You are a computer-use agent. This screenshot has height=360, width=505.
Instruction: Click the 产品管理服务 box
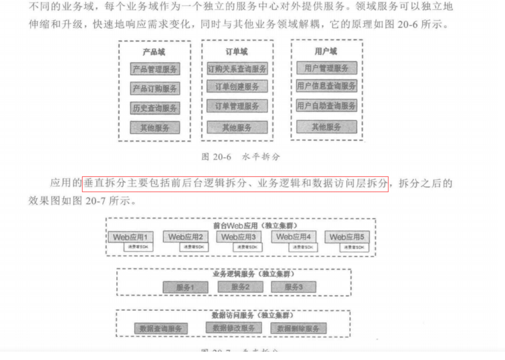pos(155,69)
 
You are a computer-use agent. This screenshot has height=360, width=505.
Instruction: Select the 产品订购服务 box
pos(155,88)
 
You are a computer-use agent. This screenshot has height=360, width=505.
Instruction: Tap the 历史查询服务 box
pos(155,108)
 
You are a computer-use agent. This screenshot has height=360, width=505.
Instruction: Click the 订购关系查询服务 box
pos(237,69)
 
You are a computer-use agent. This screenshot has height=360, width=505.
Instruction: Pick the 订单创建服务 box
pos(237,87)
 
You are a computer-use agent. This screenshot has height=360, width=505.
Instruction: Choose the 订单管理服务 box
pos(237,106)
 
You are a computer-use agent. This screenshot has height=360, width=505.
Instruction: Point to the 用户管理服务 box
pos(326,68)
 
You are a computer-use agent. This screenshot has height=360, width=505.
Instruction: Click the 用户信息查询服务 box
pos(326,86)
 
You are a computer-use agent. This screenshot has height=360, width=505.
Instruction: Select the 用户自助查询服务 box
pos(326,106)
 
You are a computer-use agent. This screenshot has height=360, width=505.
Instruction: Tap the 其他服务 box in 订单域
pos(237,127)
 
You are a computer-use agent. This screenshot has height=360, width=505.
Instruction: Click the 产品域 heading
pos(154,52)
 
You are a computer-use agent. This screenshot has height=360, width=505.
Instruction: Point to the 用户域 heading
pos(326,51)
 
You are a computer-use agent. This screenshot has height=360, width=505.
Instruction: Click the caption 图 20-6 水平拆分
pos(241,157)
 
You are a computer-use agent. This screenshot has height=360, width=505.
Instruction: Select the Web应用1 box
pos(131,237)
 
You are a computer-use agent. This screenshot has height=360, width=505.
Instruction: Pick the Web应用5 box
pos(347,237)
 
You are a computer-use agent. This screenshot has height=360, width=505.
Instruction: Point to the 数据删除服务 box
pos(298,328)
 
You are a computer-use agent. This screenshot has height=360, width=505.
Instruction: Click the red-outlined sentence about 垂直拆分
pos(235,183)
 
